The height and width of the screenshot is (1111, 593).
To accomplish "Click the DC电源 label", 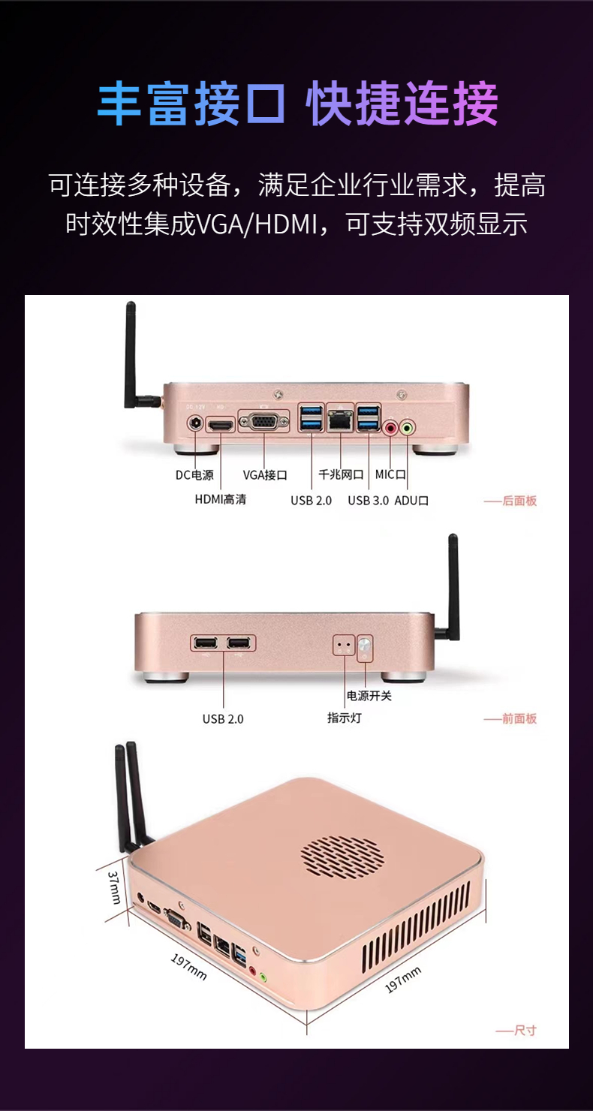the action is [x=194, y=474].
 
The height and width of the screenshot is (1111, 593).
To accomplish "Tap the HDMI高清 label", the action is [x=221, y=499].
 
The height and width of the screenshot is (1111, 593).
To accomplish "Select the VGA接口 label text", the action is [x=265, y=474].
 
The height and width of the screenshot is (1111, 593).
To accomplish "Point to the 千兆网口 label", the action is [x=341, y=474].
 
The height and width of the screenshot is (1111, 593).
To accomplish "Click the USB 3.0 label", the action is [x=368, y=500].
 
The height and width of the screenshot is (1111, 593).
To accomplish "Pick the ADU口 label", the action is [x=411, y=500].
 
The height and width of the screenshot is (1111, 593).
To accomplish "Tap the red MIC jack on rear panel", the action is [x=391, y=428].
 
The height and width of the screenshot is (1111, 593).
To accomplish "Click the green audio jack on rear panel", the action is [x=408, y=428].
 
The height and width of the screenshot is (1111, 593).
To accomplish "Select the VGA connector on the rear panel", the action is [x=263, y=422].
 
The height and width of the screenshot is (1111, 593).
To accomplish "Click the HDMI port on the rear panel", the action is [x=221, y=425].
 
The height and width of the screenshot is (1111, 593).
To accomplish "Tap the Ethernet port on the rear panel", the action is [x=341, y=422].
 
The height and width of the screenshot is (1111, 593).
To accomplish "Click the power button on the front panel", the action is [x=365, y=644].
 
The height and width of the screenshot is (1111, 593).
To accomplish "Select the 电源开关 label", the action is [x=369, y=696].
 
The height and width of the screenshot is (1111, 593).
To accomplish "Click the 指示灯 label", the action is [x=344, y=718].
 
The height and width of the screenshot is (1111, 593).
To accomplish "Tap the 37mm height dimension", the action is [x=115, y=887].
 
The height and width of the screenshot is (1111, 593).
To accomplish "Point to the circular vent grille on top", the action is [x=342, y=854].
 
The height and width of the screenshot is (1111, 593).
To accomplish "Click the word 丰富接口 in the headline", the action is [x=191, y=104].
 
